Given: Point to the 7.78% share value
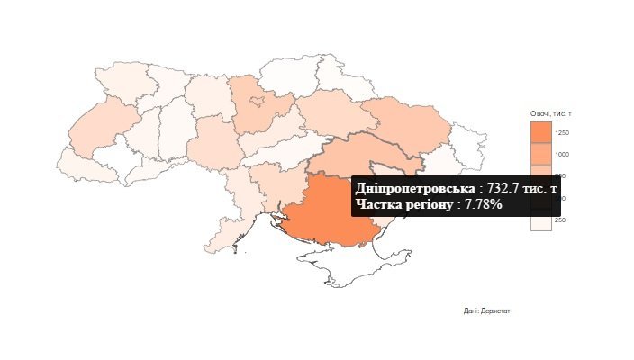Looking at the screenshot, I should click(x=484, y=205).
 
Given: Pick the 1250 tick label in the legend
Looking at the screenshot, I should click(x=562, y=133).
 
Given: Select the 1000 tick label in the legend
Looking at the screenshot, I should click(x=562, y=155).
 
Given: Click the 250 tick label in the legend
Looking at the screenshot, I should click(x=560, y=220).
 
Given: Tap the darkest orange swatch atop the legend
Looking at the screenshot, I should click(x=540, y=132).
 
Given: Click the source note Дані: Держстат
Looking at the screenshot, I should click(x=487, y=310).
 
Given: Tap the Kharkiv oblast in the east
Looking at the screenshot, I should click(x=405, y=126).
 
